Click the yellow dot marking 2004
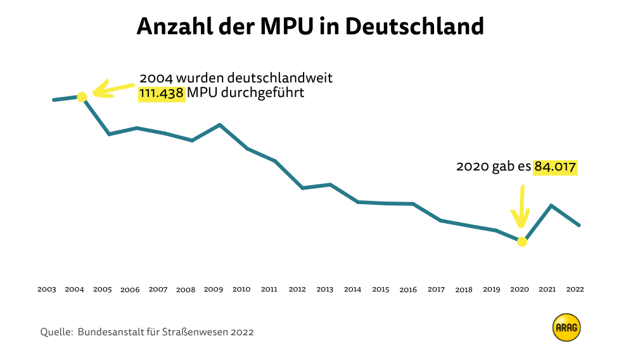[82, 96]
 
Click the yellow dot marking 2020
[522, 241]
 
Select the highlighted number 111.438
[162, 94]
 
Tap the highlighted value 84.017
[555, 167]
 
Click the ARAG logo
[567, 328]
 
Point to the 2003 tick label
[46, 290]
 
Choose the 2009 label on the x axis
[214, 290]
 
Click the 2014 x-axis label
[353, 290]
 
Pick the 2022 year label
[575, 290]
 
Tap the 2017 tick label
[436, 290]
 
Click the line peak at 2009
[220, 125]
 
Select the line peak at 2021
[551, 205]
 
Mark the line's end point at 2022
[579, 225]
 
